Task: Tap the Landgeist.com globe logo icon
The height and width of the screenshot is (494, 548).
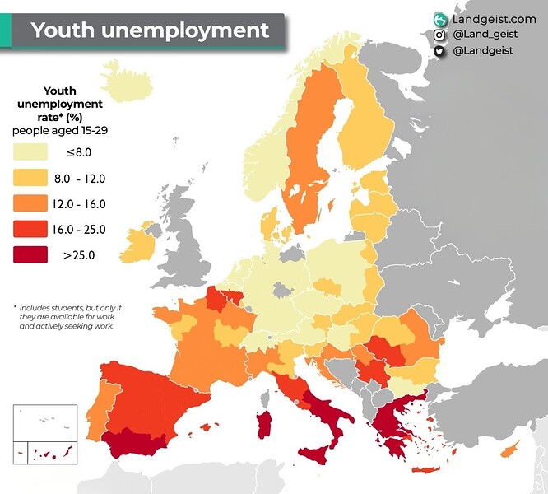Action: [440, 19]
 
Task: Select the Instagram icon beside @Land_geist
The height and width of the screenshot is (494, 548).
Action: [440, 35]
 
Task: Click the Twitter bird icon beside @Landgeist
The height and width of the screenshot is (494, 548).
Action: [440, 51]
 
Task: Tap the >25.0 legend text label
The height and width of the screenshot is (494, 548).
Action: [79, 255]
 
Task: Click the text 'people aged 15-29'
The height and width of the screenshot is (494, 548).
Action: [58, 131]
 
